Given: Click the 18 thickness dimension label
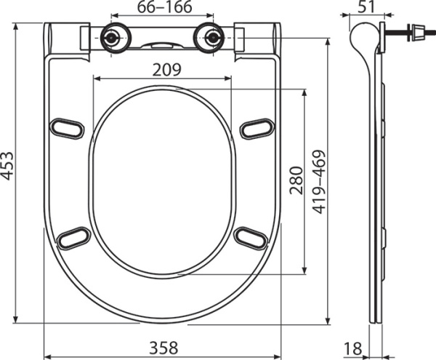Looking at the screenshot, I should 353,348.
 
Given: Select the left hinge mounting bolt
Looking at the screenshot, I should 112,38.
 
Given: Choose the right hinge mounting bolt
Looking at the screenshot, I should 213,38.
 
